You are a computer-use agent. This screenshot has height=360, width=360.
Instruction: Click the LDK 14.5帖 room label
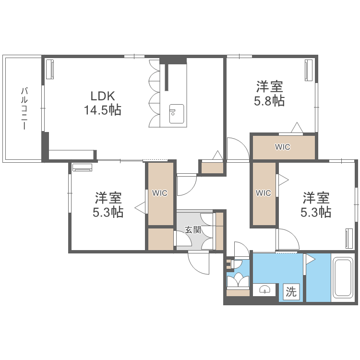[102, 103]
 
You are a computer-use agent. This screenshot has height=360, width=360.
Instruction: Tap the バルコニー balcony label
[23, 108]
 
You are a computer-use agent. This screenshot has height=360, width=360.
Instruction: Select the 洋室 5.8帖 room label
[269, 94]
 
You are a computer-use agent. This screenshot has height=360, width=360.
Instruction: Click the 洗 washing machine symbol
[291, 291]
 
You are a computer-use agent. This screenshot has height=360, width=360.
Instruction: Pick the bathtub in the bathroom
[343, 278]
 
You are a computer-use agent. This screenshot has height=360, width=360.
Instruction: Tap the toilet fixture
[237, 280]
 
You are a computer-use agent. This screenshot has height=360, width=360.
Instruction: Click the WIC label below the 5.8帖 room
[283, 147]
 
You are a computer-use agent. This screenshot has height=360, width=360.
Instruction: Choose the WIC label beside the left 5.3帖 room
[160, 193]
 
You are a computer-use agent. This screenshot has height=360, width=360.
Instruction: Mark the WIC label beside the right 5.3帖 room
[264, 193]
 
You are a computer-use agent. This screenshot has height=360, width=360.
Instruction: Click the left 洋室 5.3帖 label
[108, 204]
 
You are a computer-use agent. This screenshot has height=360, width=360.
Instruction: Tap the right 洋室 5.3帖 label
[316, 204]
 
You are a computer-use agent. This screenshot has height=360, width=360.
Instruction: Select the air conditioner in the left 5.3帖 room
[83, 168]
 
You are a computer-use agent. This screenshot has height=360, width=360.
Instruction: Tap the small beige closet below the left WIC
[160, 239]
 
